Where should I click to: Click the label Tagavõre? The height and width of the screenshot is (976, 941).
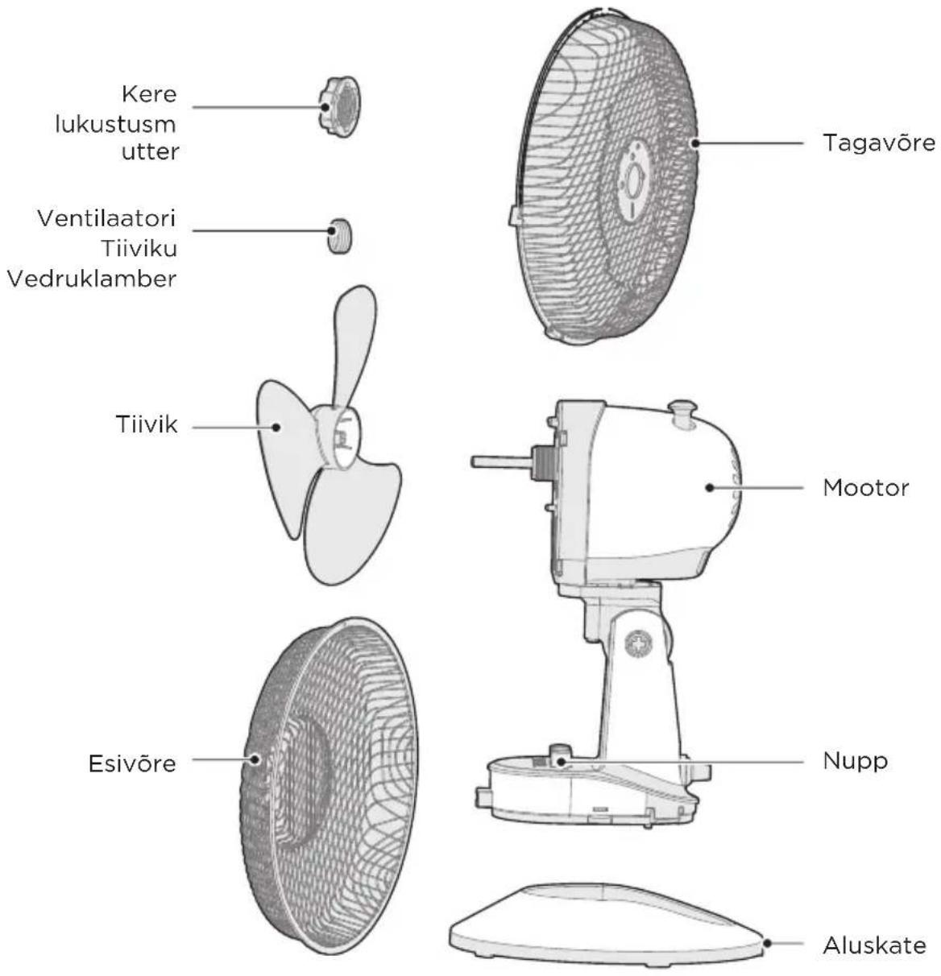pos(879,143)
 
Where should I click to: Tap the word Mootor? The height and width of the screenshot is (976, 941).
pos(866,488)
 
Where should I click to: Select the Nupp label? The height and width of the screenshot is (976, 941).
pos(855,761)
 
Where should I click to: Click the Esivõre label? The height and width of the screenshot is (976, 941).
pos(132,764)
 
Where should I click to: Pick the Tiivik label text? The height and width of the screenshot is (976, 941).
pos(147,424)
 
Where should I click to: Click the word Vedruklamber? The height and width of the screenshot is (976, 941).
pos(92,279)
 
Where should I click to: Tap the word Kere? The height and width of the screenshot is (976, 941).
pos(149,93)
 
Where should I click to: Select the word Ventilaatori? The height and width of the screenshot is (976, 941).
pos(106,218)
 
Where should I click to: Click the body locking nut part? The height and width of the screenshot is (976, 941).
pos(340,107)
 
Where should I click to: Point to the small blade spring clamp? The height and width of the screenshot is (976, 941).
pos(339,236)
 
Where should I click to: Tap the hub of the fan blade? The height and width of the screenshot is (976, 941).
pos(338,436)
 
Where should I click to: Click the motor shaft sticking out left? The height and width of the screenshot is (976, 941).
pos(502,461)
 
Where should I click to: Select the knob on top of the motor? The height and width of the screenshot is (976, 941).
pos(682,413)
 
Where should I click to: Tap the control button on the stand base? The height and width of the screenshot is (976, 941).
pos(561,756)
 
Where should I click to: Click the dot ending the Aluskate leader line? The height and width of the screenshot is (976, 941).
pos(767,944)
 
